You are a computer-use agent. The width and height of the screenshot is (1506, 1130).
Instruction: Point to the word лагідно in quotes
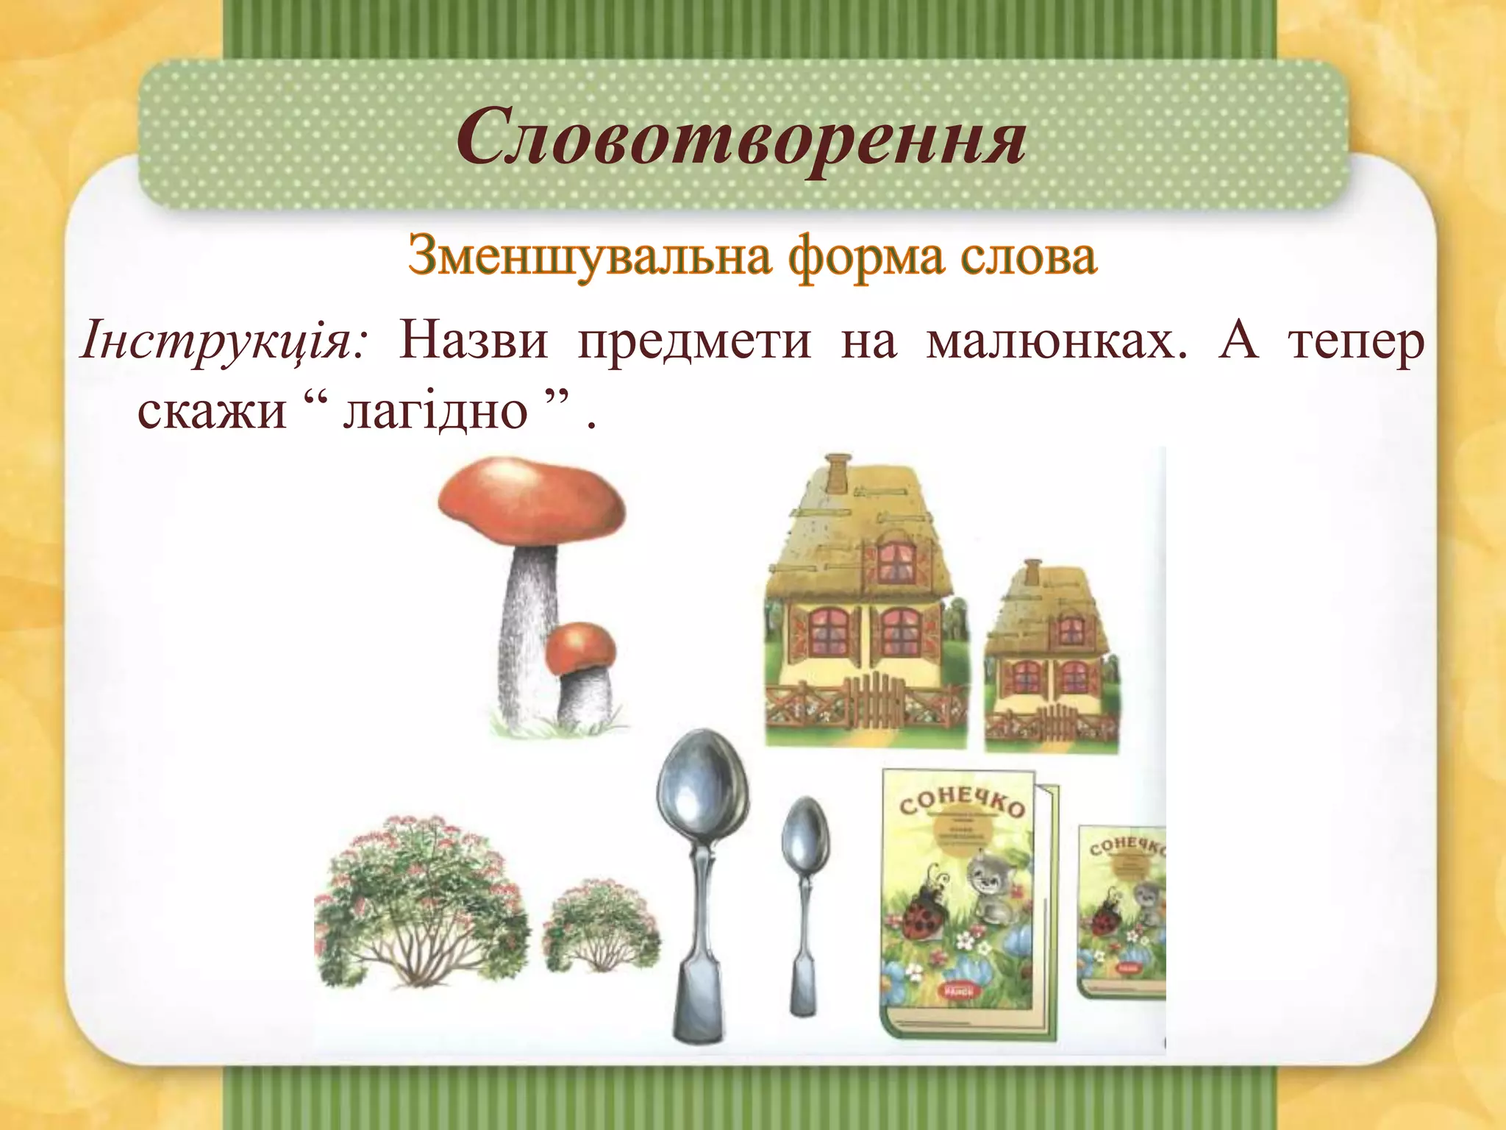point(435,410)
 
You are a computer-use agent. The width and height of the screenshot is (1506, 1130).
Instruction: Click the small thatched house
point(1052,655)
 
